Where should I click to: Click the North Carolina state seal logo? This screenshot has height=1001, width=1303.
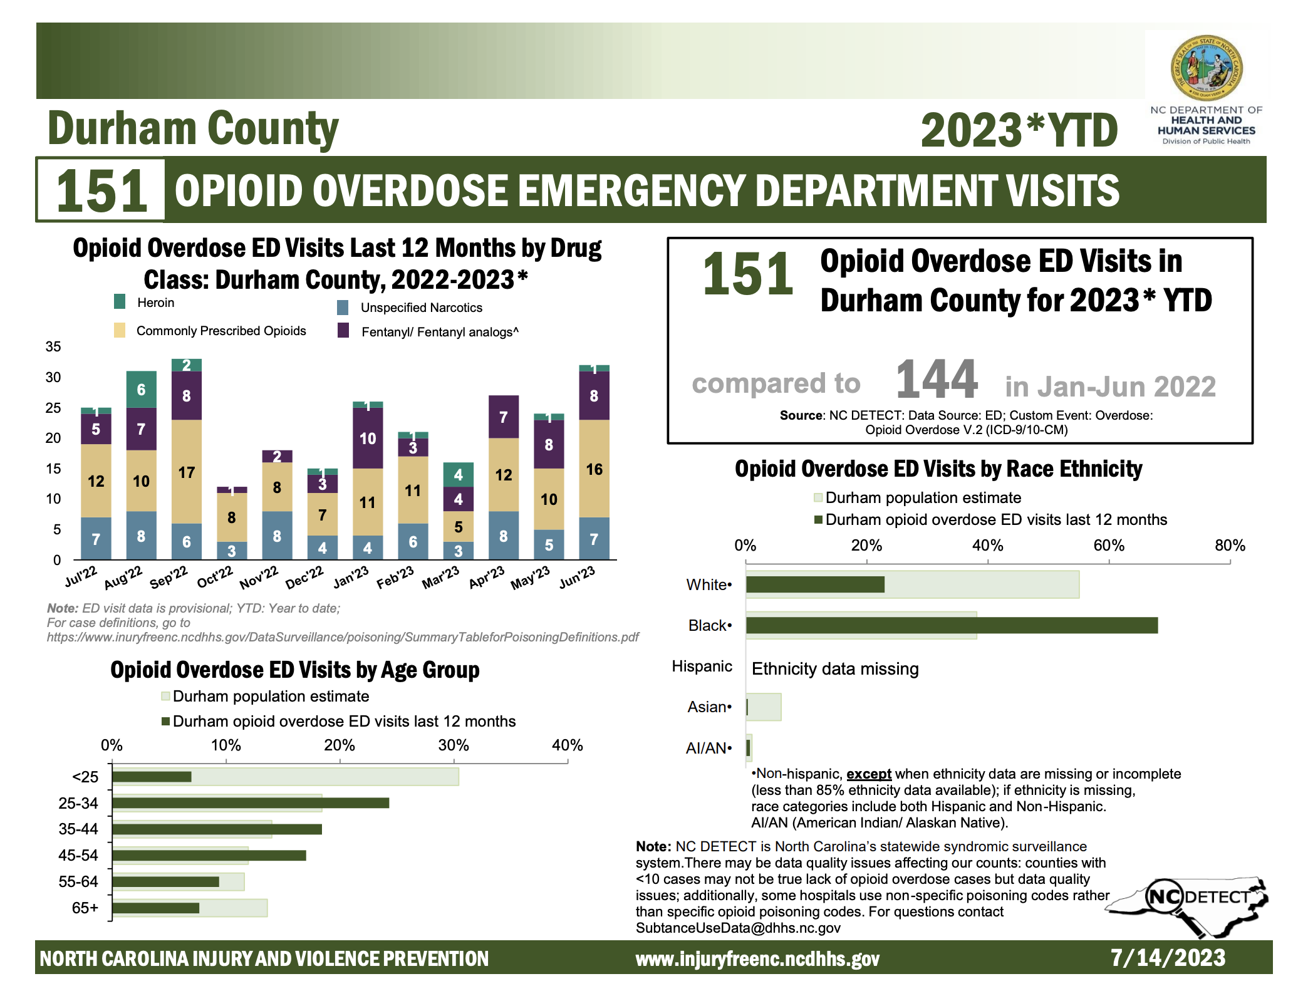[x=1207, y=68]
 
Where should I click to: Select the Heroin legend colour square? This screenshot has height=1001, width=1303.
[x=120, y=302]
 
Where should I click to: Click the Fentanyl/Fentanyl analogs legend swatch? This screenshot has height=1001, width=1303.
[x=343, y=330]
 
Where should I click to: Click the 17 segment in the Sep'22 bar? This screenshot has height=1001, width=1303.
[x=187, y=472]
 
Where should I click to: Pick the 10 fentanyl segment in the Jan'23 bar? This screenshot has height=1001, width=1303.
[x=368, y=438]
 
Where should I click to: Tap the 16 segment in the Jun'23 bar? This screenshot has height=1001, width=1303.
[x=594, y=469]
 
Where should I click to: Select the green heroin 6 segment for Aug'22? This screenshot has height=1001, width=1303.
[x=141, y=390]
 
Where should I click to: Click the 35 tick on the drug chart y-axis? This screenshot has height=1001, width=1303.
[x=53, y=346]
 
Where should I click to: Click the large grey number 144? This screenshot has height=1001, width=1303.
[x=937, y=379]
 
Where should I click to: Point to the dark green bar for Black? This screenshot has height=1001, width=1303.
[x=952, y=625]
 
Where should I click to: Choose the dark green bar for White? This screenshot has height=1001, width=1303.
[x=815, y=584]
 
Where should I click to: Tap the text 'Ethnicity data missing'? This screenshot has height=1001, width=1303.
[x=835, y=669]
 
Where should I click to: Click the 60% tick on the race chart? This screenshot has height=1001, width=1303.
[x=1109, y=546]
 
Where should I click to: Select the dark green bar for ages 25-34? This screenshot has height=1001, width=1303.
[x=251, y=803]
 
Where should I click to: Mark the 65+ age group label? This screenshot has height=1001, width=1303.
[x=85, y=908]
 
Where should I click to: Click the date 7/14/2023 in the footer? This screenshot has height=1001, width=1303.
[x=1168, y=958]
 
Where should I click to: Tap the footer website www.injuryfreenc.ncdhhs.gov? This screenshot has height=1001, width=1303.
[x=757, y=959]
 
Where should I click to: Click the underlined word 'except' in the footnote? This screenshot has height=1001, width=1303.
[x=869, y=774]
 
